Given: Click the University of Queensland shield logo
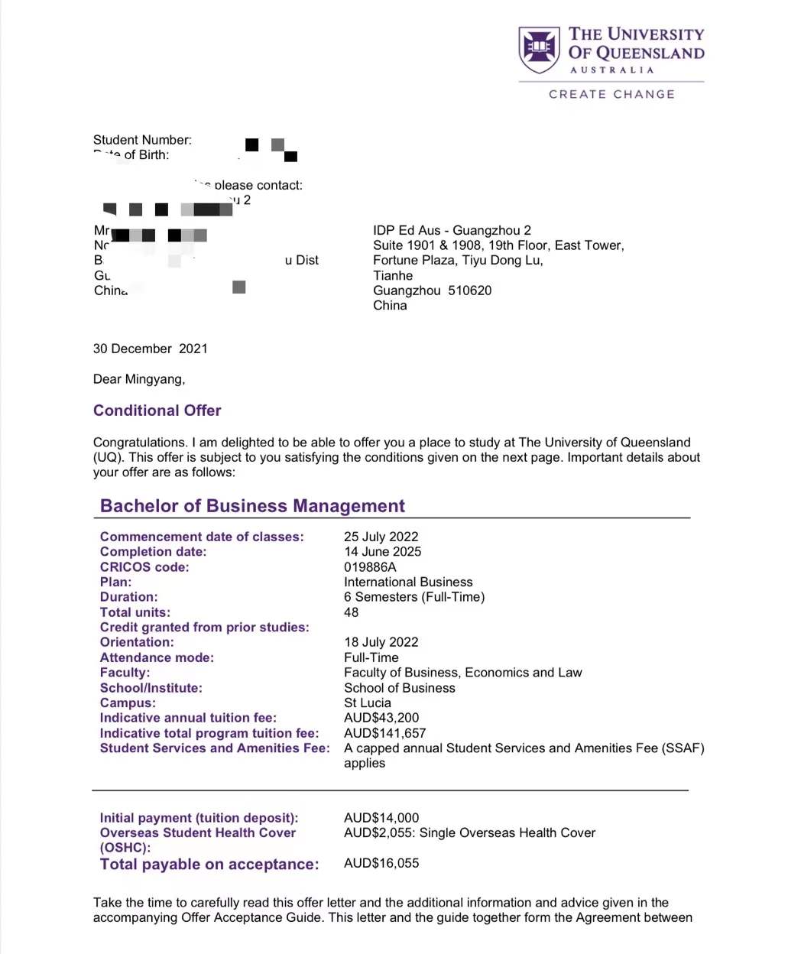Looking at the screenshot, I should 539,50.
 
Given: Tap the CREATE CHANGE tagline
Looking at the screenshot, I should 611,94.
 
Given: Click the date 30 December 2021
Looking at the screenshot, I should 151,349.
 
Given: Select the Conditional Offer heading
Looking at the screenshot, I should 157,410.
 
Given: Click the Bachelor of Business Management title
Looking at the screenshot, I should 252,506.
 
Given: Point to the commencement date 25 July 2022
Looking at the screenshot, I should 381,537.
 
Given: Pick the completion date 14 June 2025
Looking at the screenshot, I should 382,552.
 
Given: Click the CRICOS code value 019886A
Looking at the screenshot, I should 370,567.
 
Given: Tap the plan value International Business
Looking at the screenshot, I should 408,582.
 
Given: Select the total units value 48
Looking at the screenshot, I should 352,612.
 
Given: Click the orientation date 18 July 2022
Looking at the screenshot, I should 381,642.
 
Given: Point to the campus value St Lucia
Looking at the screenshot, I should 368,703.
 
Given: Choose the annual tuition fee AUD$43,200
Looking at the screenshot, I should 381,718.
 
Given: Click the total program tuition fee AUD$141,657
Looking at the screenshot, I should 385,733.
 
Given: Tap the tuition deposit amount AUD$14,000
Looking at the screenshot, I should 381,818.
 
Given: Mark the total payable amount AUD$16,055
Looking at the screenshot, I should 381,863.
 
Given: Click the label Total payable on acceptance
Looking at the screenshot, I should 209,865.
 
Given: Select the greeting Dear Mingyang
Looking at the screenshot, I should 139,379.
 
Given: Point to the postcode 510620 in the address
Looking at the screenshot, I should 470,290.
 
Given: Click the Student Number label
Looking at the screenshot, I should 142,140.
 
